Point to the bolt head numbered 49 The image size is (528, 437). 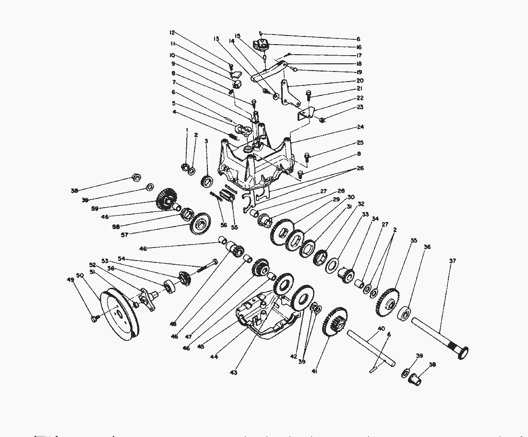(x=95, y=318)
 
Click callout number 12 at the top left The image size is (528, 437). (x=171, y=33)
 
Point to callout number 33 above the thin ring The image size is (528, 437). (x=366, y=214)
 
